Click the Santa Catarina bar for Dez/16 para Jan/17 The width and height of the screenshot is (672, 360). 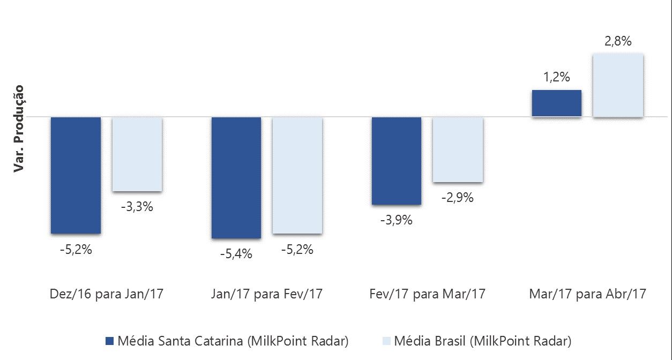[76, 175]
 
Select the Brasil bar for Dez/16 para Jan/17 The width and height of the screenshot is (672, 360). [137, 154]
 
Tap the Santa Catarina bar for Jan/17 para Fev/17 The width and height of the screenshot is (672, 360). [236, 177]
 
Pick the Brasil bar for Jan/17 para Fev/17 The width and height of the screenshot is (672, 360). [297, 175]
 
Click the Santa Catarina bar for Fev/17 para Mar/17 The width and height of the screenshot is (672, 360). [397, 161]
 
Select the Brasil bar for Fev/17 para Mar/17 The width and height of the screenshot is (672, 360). [458, 149]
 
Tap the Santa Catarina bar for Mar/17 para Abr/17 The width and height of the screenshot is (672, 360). [557, 103]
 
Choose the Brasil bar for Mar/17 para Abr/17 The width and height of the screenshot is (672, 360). [618, 85]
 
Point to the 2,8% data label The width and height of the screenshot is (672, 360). [618, 41]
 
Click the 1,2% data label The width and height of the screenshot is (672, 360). [557, 77]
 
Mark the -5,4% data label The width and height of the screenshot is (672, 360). [236, 254]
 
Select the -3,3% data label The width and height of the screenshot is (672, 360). [137, 206]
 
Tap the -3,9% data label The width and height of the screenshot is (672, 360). [397, 220]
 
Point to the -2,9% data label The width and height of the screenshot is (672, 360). [458, 197]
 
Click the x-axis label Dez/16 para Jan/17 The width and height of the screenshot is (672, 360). [106, 294]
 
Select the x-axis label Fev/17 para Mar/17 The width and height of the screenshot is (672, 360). [427, 294]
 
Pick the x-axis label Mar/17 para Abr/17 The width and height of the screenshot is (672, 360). [587, 294]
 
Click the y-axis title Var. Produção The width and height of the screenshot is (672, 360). [20, 129]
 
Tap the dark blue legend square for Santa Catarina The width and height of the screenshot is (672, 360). [110, 341]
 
